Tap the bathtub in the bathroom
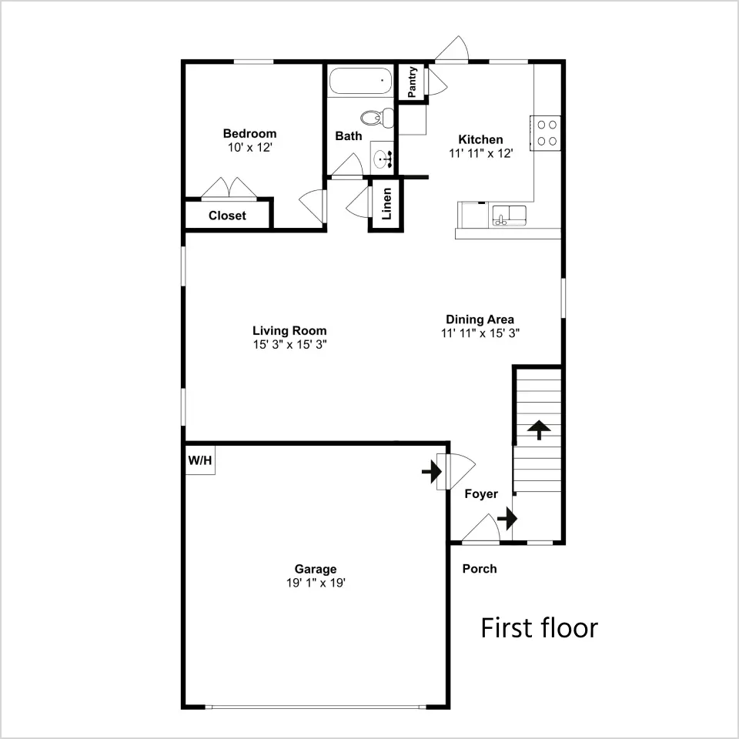click(x=360, y=81)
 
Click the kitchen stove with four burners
click(x=546, y=133)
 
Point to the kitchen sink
click(x=509, y=214)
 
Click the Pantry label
click(x=412, y=82)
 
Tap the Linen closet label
click(x=386, y=204)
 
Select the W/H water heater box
click(x=200, y=460)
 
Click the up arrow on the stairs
click(x=539, y=430)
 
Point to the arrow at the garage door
click(x=431, y=471)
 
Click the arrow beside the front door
click(x=507, y=518)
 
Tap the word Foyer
click(x=481, y=494)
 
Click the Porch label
click(x=480, y=569)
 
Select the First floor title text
click(x=539, y=628)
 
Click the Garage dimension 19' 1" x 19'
click(x=316, y=583)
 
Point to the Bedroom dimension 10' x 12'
click(x=249, y=148)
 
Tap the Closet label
click(x=227, y=216)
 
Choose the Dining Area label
click(x=480, y=319)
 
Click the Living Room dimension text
click(x=290, y=345)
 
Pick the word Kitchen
click(x=480, y=139)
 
